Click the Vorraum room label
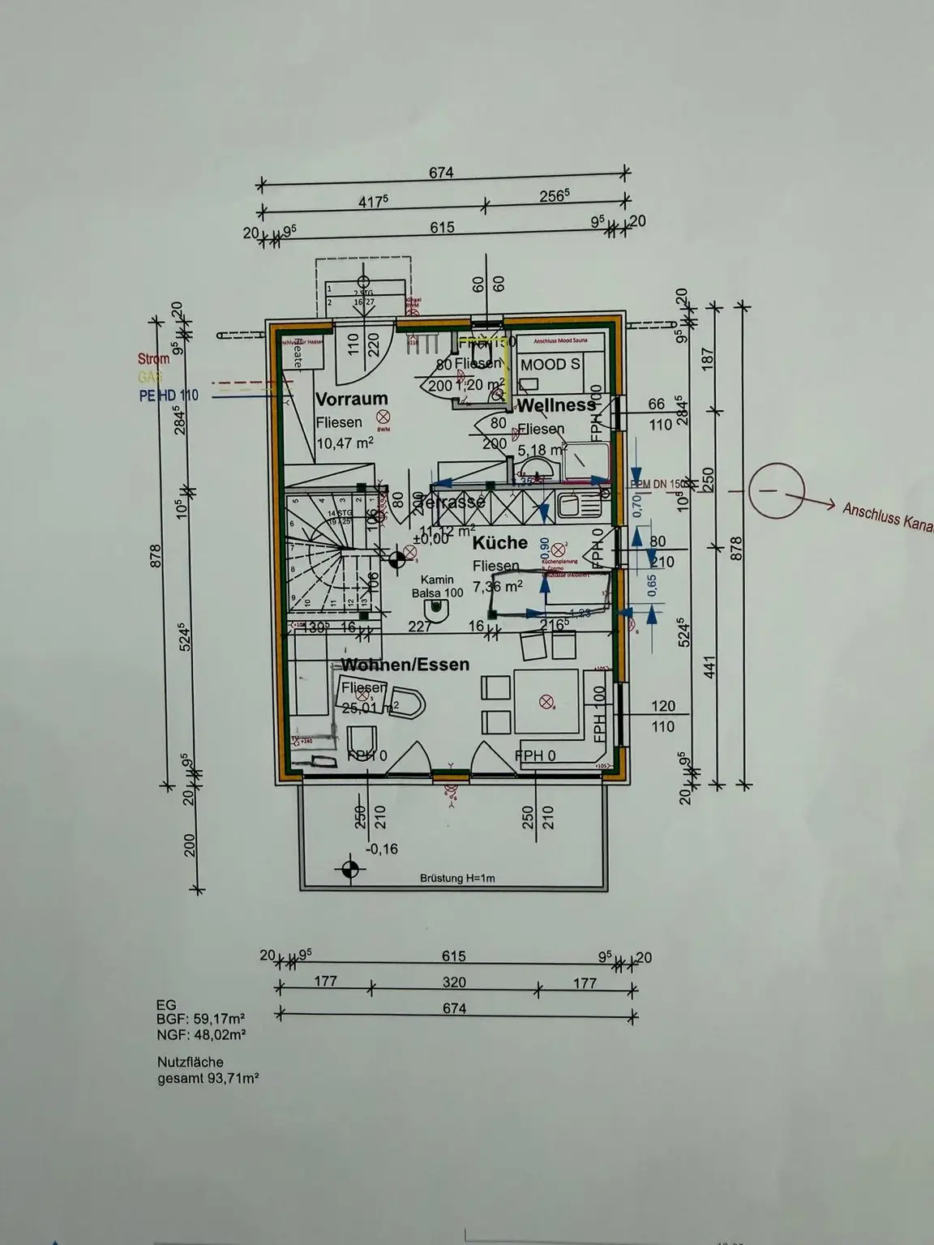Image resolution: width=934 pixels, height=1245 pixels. pos(351,399)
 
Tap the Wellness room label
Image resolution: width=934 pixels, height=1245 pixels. pos(556,404)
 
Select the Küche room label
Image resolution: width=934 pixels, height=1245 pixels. pos(499,542)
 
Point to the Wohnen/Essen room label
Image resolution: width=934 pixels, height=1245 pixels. pos(405,665)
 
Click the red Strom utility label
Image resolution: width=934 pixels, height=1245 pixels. pos(153,359)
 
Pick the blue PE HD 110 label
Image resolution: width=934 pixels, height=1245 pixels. pos(168,396)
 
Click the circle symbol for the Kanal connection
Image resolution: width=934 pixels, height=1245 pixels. pos(776,491)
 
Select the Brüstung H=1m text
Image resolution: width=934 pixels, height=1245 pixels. pos(457,878)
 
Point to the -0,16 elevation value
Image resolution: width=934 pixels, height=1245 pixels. pos(382,849)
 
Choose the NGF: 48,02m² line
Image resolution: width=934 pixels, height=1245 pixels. pos(201,1035)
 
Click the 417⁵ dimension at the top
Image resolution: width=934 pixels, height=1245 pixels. pos(374,202)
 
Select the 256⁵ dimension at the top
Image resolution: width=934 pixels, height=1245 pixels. pos(555,195)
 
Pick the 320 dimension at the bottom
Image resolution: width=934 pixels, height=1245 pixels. pos(454,982)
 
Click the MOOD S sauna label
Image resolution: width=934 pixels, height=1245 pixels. pos(550,365)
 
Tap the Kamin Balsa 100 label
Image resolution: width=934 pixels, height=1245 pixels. pos(437,587)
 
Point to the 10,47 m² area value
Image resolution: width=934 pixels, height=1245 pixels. pos(345,443)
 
